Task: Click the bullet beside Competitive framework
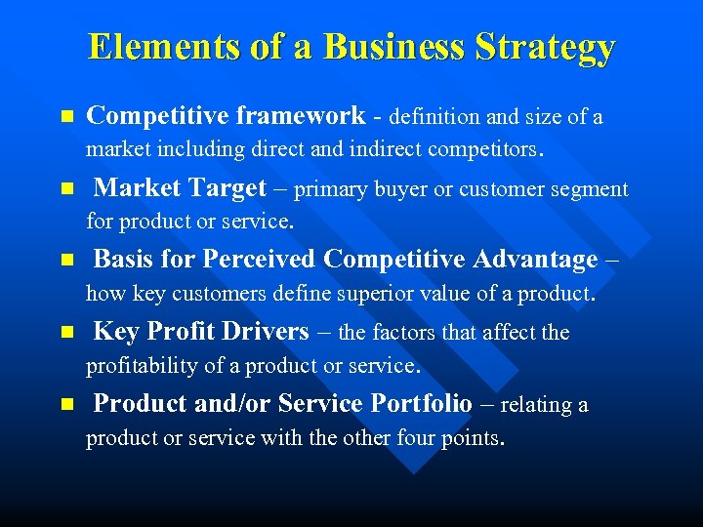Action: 66,117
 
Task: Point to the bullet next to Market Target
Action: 66,188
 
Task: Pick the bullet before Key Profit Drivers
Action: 66,333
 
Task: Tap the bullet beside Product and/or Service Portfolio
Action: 66,404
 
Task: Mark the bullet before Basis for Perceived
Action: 66,261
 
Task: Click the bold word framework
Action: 301,116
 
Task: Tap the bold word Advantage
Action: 535,260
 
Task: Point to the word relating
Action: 538,404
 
